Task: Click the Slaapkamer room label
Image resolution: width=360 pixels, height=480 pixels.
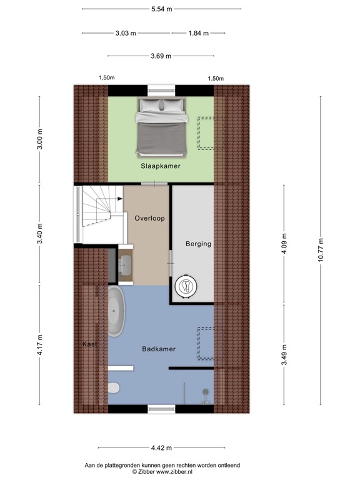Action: (x=160, y=166)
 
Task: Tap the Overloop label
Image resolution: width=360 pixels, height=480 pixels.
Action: (x=149, y=218)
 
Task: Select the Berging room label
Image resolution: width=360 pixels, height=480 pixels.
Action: (x=198, y=244)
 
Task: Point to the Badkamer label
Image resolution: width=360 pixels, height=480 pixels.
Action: (x=158, y=349)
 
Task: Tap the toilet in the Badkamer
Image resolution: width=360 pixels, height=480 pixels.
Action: (x=114, y=387)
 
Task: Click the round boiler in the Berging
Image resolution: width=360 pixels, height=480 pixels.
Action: (x=186, y=286)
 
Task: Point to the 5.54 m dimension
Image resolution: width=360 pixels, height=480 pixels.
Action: (x=161, y=9)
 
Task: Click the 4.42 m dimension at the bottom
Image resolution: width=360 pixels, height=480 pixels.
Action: (x=161, y=447)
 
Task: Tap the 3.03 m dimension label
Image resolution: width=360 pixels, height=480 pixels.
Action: (x=126, y=33)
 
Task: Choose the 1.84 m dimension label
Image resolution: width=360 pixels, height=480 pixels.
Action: (x=198, y=33)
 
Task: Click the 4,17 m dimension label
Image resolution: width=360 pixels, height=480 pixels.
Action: (x=40, y=342)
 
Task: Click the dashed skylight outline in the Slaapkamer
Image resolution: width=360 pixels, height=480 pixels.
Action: (x=206, y=133)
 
